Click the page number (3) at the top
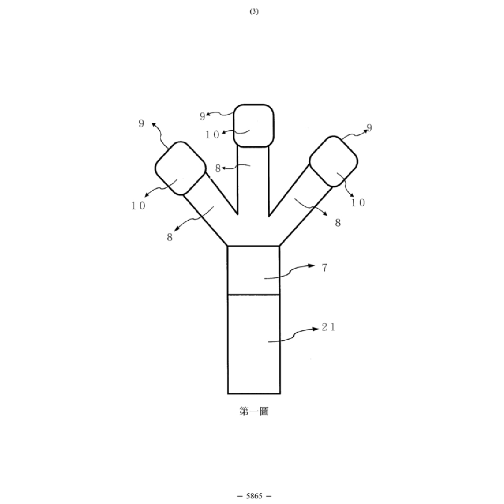coord(254,12)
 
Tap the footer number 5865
coord(254,495)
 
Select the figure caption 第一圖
coord(254,411)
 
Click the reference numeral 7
coord(325,267)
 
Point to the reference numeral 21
coord(329,327)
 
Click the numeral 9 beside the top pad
coord(202,116)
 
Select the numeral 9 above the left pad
coord(142,123)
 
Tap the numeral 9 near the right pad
coord(369,128)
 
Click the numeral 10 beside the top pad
coord(212,135)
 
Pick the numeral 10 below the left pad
coord(139,206)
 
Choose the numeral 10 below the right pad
coord(358,202)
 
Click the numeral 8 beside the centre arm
coord(218,169)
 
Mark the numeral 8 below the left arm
coord(170,237)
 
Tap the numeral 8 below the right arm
coord(338,223)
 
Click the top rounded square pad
coord(254,126)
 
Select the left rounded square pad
coord(180,168)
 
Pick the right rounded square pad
coord(334,161)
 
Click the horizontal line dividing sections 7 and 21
coord(254,295)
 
